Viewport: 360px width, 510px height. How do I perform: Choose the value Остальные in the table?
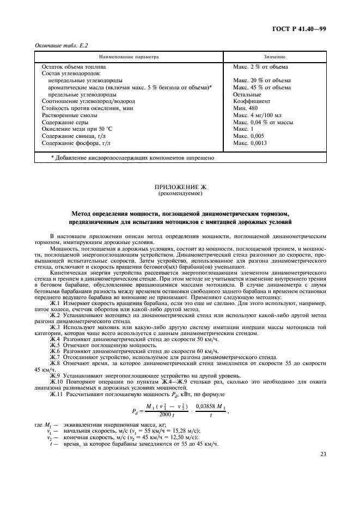pos(249,94)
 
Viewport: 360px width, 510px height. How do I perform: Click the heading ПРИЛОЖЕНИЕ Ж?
pos(179,187)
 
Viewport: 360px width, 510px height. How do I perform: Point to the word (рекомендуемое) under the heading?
pos(179,193)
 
